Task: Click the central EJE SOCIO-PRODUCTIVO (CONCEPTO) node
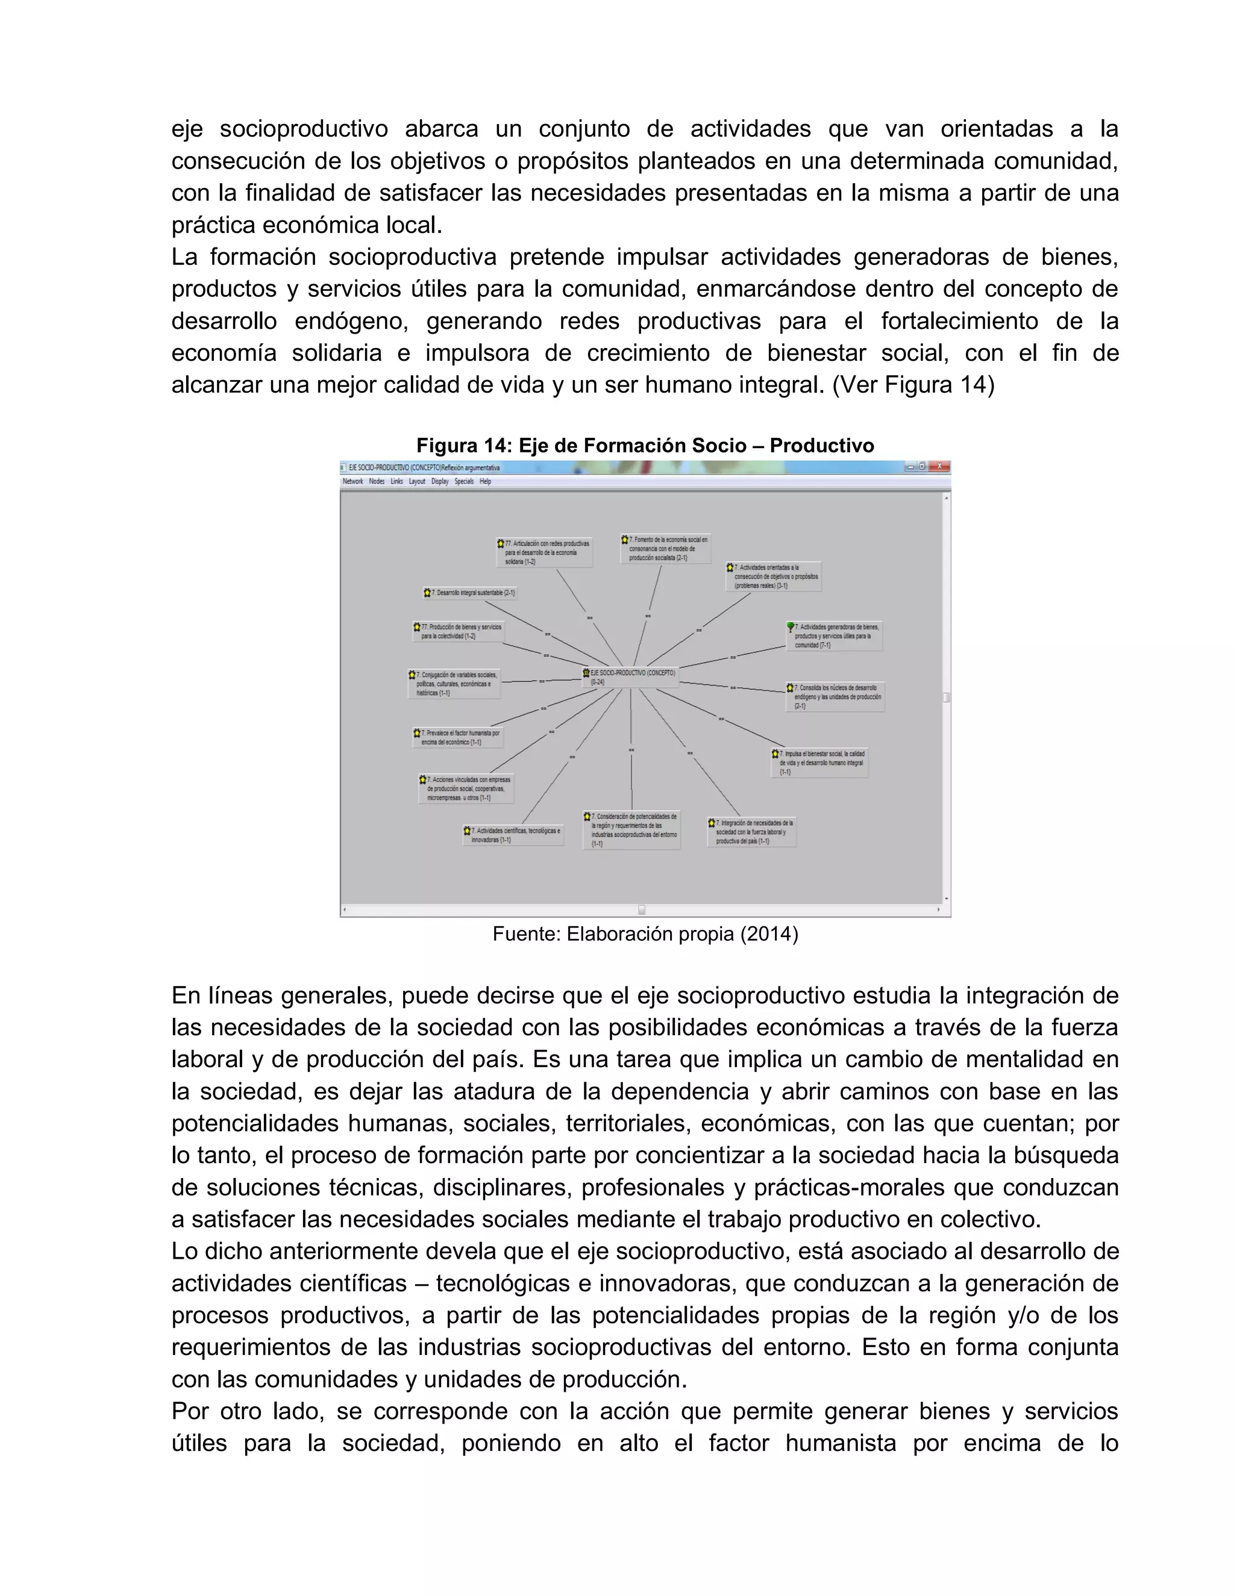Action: click(x=630, y=677)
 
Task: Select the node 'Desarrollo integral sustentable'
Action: click(x=470, y=593)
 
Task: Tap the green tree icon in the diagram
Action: click(x=791, y=627)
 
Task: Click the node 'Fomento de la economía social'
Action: click(x=665, y=548)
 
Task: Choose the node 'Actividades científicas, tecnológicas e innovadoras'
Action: click(x=513, y=835)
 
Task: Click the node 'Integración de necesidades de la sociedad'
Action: click(x=751, y=832)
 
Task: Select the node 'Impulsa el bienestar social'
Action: click(x=819, y=762)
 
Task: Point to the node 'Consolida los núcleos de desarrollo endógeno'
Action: click(x=836, y=696)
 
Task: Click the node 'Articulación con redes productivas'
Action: click(x=544, y=552)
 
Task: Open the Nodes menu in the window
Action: click(x=377, y=482)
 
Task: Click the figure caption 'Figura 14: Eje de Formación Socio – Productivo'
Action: click(x=645, y=446)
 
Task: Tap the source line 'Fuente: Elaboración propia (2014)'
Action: click(x=645, y=934)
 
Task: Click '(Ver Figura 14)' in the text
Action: click(x=913, y=385)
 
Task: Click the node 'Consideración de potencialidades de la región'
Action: click(x=632, y=829)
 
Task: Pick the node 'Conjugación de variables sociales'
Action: click(x=454, y=684)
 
